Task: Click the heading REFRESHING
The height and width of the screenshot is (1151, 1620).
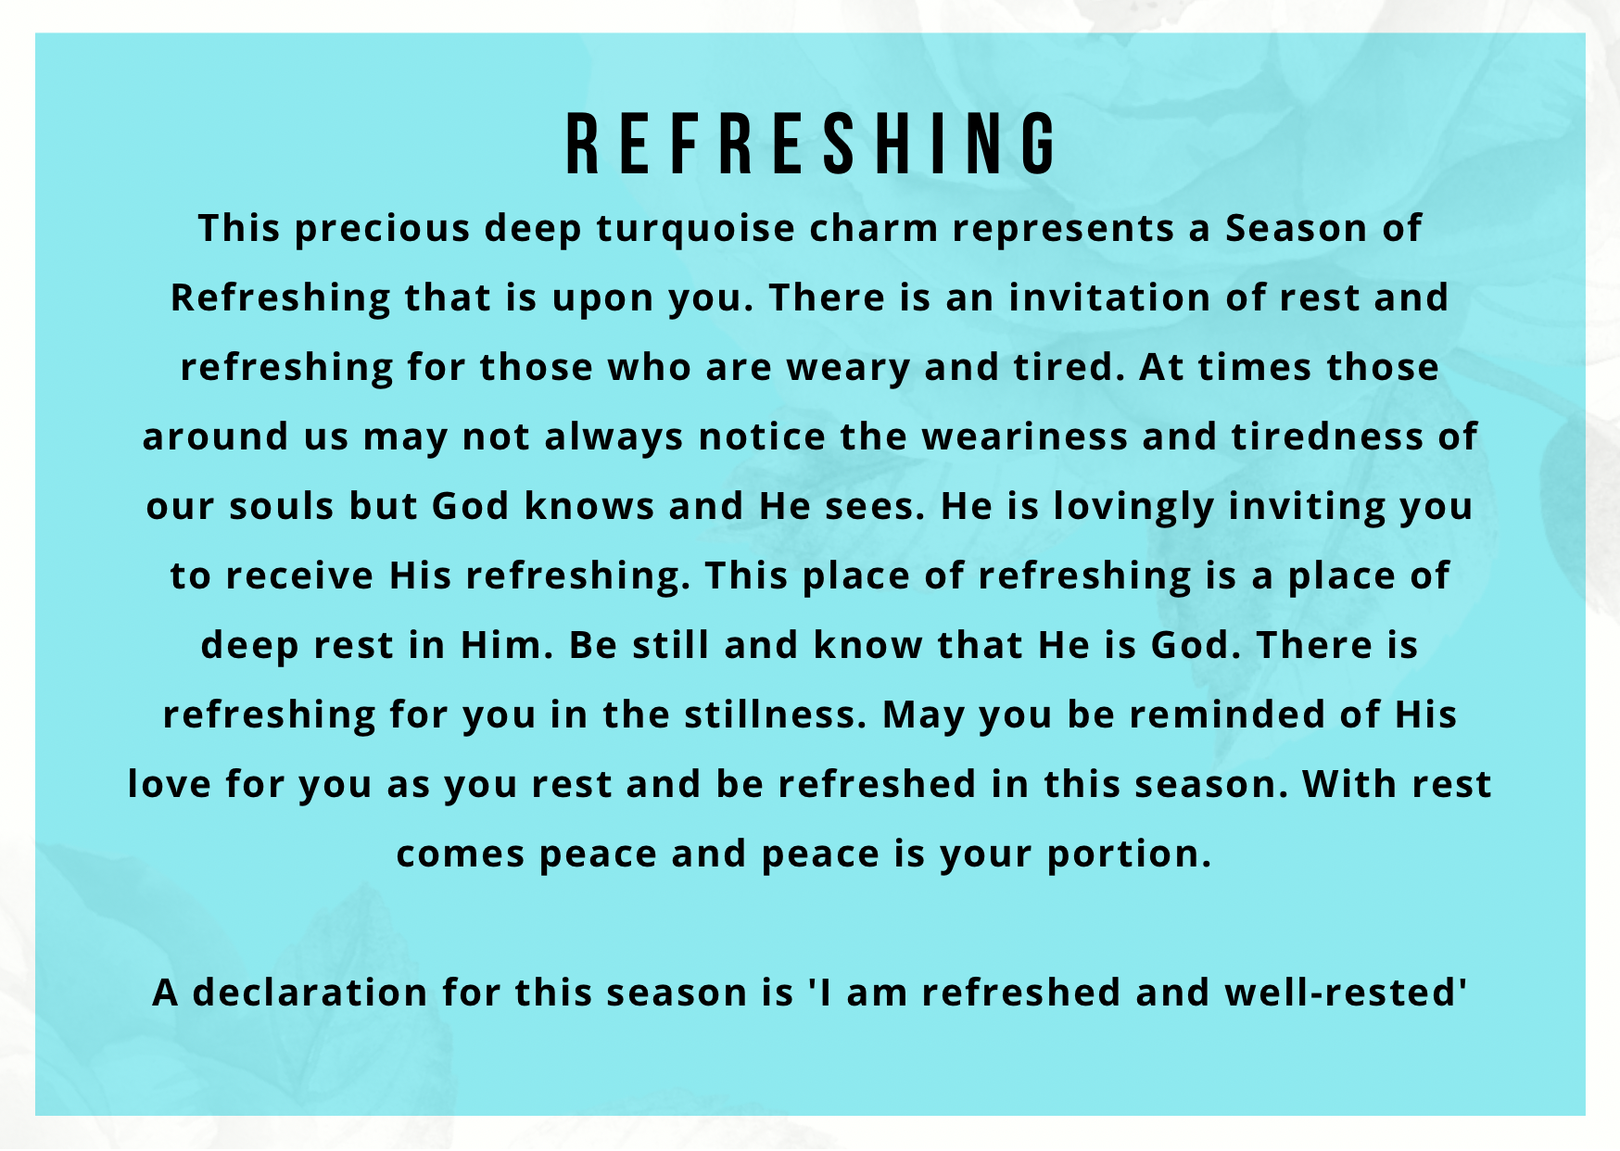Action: tap(810, 144)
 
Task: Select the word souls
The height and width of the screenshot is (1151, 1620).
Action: tap(282, 506)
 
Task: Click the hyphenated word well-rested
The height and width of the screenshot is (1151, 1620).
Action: tap(1346, 993)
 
